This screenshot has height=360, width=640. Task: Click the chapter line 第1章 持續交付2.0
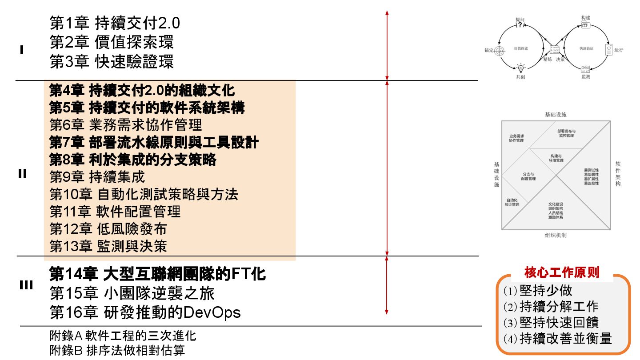(x=115, y=23)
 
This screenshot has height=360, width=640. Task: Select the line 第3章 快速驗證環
(x=112, y=62)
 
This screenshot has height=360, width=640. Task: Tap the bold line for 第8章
(x=132, y=159)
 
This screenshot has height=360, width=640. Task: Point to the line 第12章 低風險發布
(x=108, y=229)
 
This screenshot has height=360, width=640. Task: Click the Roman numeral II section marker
(x=23, y=174)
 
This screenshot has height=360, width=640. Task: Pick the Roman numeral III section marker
(x=26, y=285)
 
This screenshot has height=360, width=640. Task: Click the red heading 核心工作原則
(x=561, y=272)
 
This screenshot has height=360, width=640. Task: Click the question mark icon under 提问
(x=520, y=25)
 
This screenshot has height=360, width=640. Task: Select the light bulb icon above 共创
(x=520, y=68)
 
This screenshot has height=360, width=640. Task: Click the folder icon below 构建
(x=586, y=25)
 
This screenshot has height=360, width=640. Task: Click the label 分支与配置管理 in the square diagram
(x=528, y=176)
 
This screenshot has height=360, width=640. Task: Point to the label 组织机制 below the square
(x=556, y=236)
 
